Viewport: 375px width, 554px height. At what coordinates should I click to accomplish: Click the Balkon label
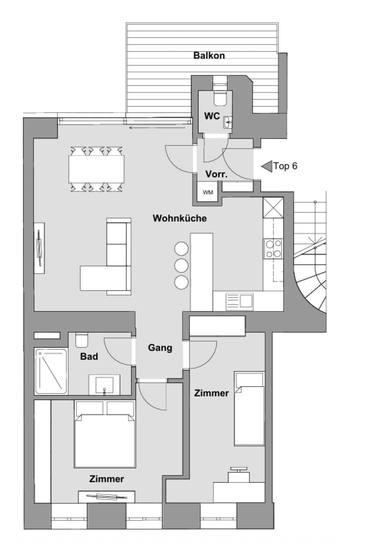(209, 55)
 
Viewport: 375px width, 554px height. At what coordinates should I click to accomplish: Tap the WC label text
(212, 116)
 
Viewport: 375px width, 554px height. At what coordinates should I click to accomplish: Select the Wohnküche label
(180, 218)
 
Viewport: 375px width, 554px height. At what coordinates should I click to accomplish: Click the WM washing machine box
(208, 192)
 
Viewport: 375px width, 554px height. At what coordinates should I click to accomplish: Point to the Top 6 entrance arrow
(267, 166)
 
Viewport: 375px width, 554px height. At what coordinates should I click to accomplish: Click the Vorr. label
(216, 174)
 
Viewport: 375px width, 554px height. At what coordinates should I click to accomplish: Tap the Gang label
(160, 348)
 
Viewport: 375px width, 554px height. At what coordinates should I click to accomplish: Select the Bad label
(89, 356)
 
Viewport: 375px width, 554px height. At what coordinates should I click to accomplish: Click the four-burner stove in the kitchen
(273, 248)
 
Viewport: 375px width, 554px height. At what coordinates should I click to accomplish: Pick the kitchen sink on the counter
(239, 302)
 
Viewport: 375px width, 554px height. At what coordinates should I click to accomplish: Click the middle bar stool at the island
(181, 266)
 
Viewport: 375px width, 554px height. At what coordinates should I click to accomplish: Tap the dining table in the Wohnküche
(97, 169)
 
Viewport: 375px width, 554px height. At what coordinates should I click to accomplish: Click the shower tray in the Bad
(51, 371)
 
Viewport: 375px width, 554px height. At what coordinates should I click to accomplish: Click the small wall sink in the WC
(228, 122)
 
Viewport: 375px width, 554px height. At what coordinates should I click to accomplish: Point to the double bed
(105, 434)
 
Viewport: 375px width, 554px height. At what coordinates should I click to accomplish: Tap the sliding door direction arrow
(157, 128)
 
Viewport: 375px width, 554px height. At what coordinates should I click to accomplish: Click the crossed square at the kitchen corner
(273, 207)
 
